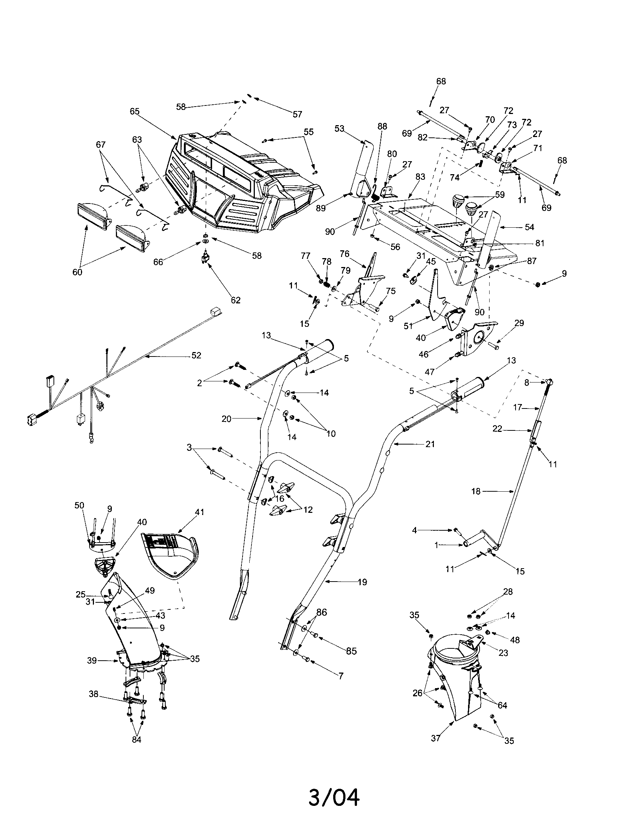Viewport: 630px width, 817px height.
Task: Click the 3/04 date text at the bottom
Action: (x=334, y=795)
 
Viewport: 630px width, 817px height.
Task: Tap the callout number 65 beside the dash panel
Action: (x=135, y=111)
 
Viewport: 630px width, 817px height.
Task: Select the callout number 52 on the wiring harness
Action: (x=196, y=355)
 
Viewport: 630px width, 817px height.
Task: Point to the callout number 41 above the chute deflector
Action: (x=199, y=512)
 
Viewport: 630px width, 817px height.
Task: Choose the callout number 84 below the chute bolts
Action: (x=137, y=739)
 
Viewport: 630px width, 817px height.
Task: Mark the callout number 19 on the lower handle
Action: (x=362, y=582)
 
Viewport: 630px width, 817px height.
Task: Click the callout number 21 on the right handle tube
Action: (x=430, y=444)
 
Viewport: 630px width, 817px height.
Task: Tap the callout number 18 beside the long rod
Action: (x=475, y=492)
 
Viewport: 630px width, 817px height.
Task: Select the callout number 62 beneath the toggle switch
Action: (x=236, y=300)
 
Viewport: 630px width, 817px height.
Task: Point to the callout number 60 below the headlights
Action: (x=77, y=272)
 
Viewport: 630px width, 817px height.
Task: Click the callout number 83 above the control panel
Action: (x=420, y=176)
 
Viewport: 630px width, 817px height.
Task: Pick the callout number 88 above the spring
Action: (x=382, y=126)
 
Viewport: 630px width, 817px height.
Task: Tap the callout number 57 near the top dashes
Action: (x=297, y=114)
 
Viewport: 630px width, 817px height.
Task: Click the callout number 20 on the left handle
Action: (x=227, y=419)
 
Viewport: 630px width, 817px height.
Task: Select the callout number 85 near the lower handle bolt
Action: (x=351, y=651)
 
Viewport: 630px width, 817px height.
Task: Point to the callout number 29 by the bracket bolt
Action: (x=519, y=323)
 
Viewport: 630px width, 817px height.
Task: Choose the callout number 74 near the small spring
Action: (x=455, y=178)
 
